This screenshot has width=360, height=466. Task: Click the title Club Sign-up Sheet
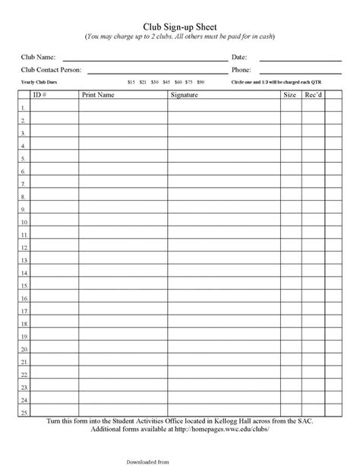[x=179, y=26]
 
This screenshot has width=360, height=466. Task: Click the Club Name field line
[x=144, y=58]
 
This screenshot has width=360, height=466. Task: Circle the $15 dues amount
[x=131, y=81]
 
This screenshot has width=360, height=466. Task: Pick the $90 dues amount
[x=201, y=81]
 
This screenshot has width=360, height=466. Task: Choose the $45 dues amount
[x=166, y=81]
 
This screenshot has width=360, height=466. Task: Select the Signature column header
[x=184, y=95]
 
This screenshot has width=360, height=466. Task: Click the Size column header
[x=289, y=95]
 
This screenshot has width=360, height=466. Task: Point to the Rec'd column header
[x=312, y=95]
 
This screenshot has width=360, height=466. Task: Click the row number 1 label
[x=23, y=108]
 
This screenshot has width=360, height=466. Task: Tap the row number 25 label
[x=23, y=412]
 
